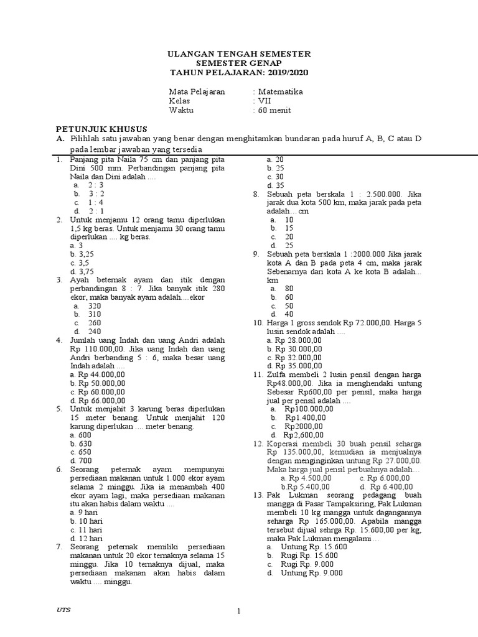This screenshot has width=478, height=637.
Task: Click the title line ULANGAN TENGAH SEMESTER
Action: point(240,55)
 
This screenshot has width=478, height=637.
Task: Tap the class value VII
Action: point(265,101)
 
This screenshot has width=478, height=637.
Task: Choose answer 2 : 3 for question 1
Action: point(96,185)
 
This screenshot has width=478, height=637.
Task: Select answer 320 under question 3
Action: point(95,306)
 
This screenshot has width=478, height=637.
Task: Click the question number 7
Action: point(58,546)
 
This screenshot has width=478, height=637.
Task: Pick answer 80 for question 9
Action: point(289,289)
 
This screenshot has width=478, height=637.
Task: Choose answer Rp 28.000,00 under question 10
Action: point(294,340)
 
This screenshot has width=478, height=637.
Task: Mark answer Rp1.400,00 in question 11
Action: point(305,418)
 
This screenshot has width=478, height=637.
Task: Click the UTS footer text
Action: point(63,610)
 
